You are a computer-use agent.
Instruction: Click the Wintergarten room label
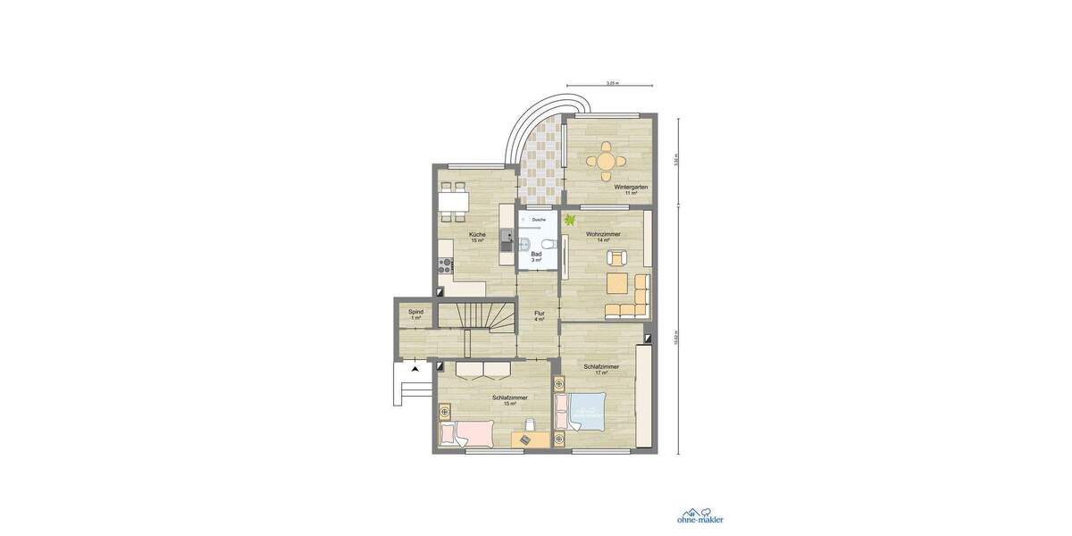pos(631,188)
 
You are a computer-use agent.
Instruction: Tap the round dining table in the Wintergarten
pos(607,161)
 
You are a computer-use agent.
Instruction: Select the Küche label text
pos(477,236)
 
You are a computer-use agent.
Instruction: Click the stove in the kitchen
pos(444,264)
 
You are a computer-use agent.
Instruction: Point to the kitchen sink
pos(507,239)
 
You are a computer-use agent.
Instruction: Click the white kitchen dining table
pos(454,200)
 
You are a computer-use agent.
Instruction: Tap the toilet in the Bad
pos(547,243)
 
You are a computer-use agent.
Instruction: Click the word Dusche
pos(539,219)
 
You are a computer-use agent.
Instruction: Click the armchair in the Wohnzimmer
pos(616,258)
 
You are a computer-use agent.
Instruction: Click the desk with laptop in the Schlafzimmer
pos(531,439)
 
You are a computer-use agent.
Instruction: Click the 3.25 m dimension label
pos(612,83)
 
